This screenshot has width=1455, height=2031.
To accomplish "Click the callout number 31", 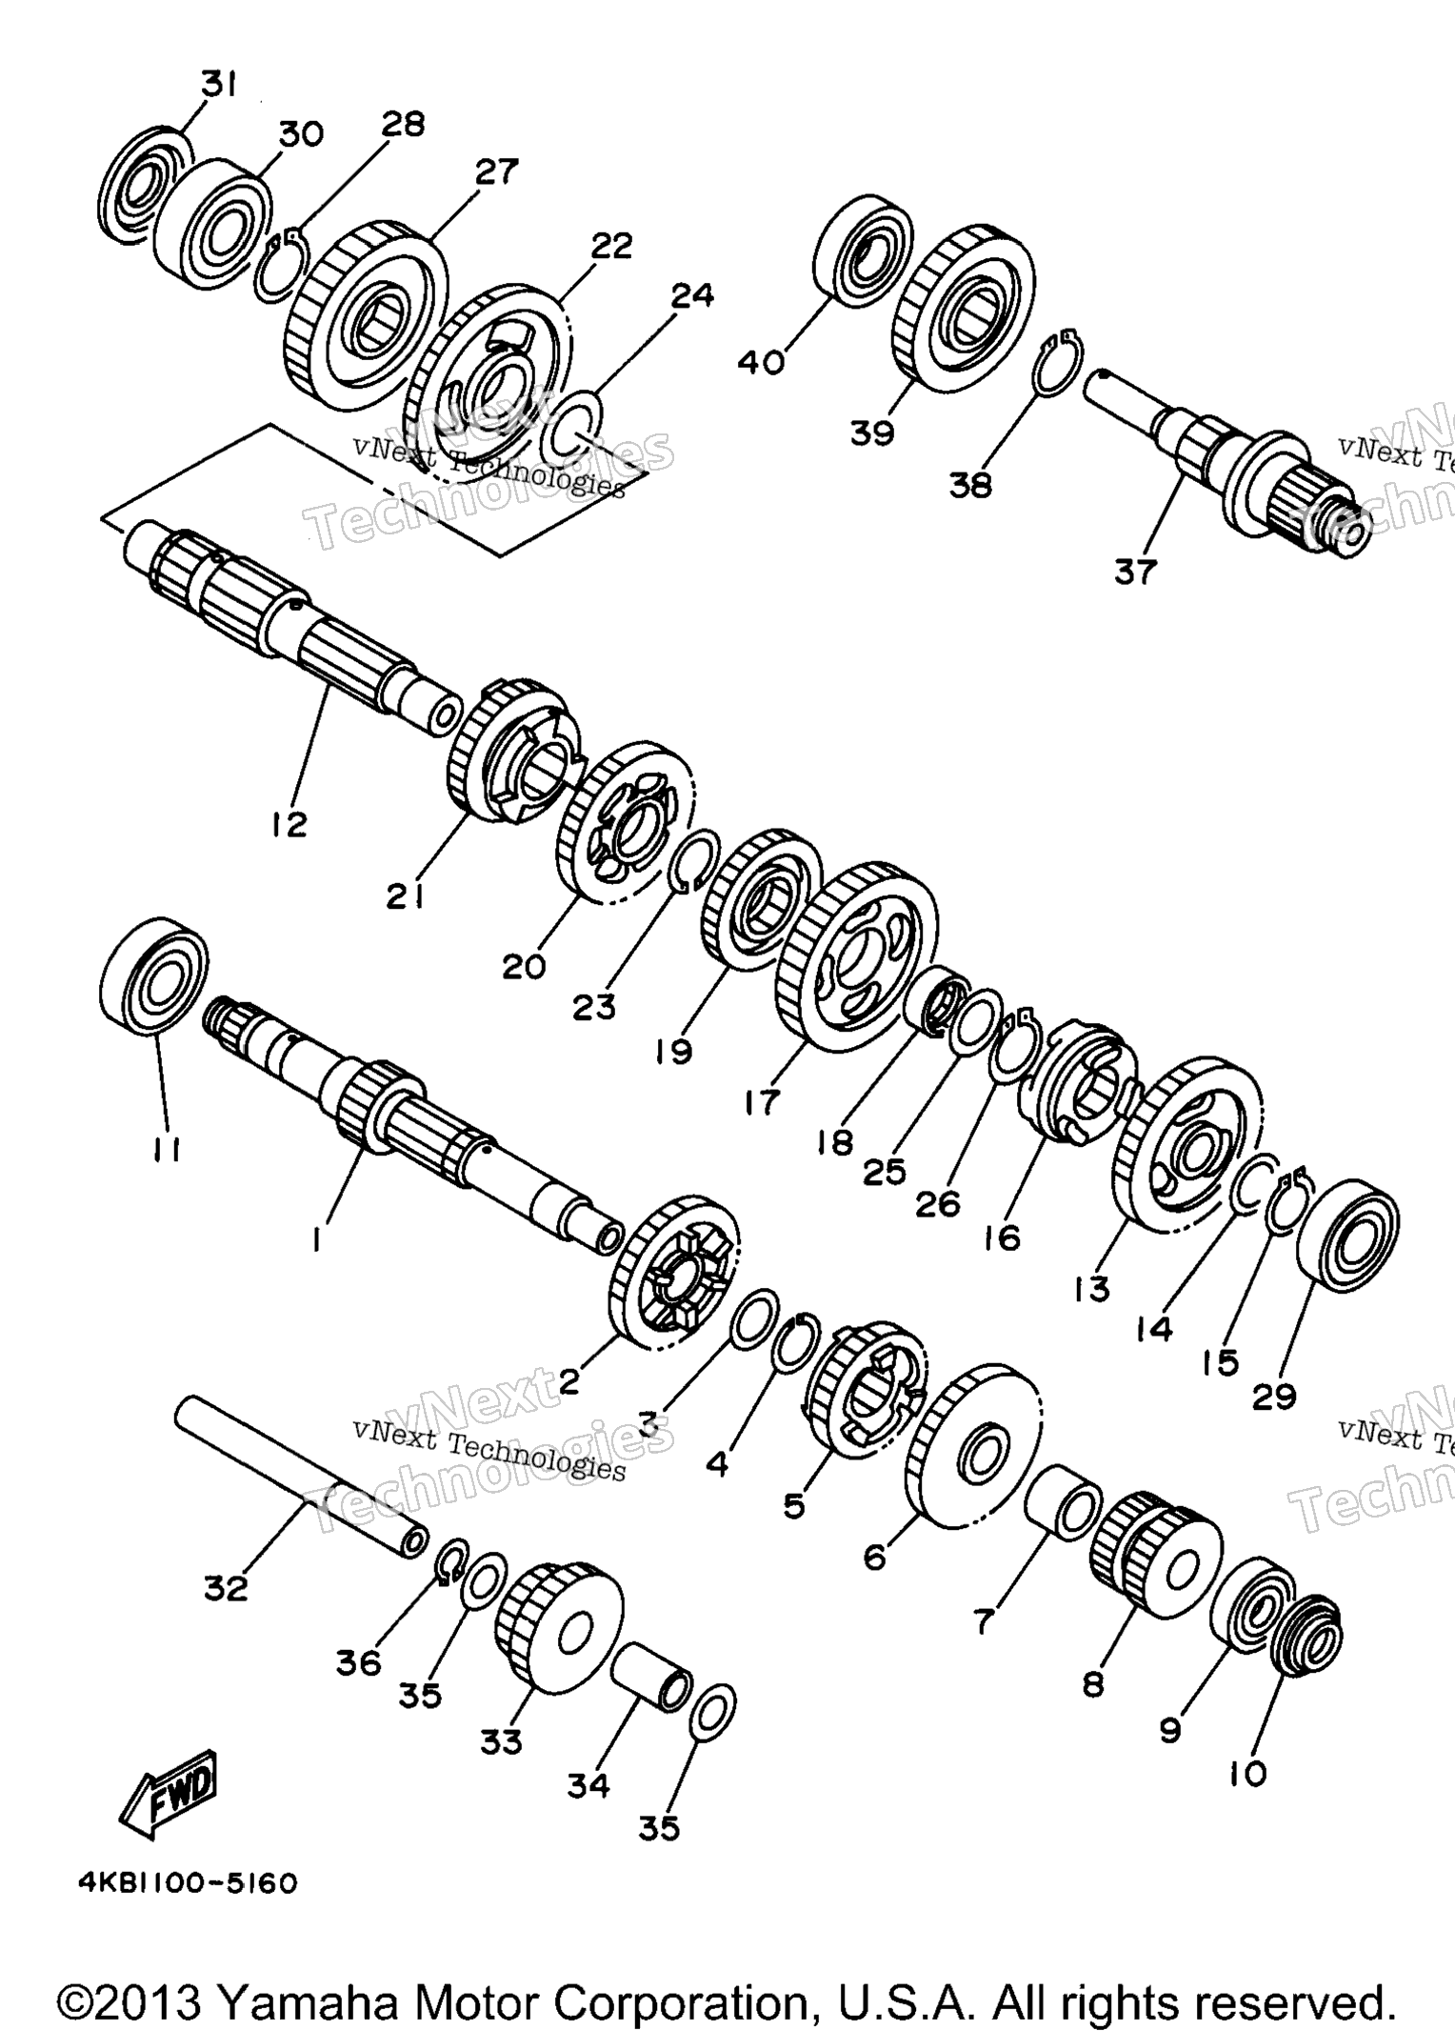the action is tap(218, 86).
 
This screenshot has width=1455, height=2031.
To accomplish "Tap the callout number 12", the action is tap(289, 823).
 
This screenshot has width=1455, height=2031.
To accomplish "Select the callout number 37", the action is tap(1135, 572).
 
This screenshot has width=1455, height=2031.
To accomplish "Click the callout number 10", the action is tap(1248, 1774).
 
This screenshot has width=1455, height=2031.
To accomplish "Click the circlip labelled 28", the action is tap(279, 266).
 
